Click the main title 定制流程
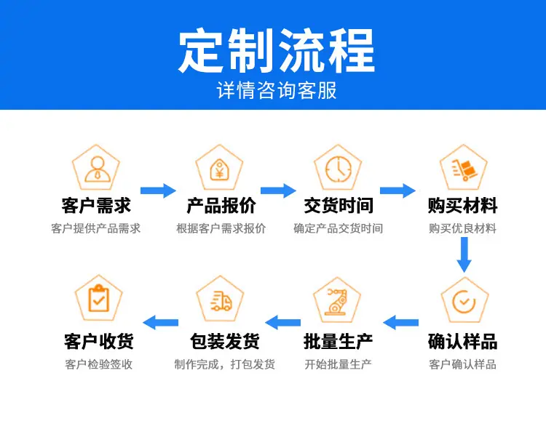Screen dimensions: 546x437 point(277,51)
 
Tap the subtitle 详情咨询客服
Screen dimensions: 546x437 point(277,91)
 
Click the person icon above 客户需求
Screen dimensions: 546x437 point(98,169)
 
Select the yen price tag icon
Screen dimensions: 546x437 point(219,170)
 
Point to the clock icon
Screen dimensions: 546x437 point(339,169)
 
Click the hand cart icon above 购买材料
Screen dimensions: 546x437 point(464,170)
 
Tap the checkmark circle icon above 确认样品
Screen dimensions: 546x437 point(464,301)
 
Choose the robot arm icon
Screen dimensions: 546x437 point(337,301)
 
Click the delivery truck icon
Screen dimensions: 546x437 point(221,301)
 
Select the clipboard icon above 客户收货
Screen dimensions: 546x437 point(98,299)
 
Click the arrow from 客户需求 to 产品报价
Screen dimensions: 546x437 point(158,191)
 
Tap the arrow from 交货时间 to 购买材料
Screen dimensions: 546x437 point(397,191)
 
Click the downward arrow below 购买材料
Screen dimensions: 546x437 point(464,254)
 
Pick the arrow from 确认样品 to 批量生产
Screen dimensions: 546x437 point(401,323)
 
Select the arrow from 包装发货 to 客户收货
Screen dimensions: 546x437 point(161,323)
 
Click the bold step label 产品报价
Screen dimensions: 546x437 point(221,205)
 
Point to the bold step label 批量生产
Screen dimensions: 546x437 point(338,341)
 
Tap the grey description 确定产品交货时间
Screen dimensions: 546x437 point(338,228)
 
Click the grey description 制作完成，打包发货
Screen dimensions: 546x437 point(225,364)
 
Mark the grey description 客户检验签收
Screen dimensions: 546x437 point(98,364)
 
